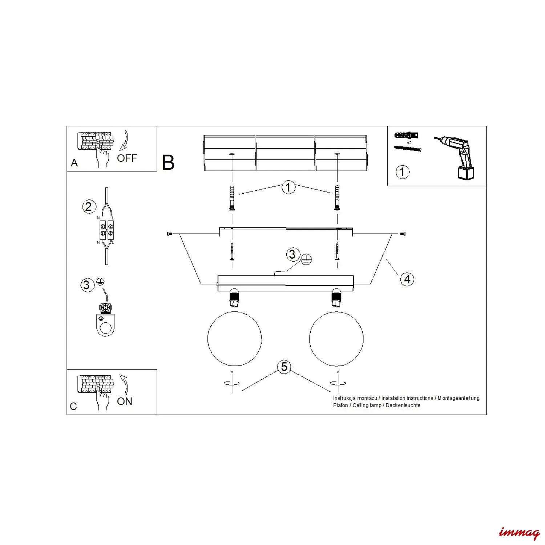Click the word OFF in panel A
tap(127, 158)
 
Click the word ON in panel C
tap(125, 401)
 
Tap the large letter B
tap(168, 162)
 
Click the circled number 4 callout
tap(407, 279)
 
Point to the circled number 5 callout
tap(284, 367)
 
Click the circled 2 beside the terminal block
tap(89, 207)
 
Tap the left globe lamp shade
tap(235, 339)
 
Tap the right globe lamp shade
tap(336, 339)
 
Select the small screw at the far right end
tap(403, 234)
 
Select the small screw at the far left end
tap(169, 234)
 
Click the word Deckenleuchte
tap(403, 405)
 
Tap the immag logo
tap(519, 533)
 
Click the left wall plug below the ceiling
tap(232, 198)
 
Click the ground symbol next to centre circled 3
tap(306, 259)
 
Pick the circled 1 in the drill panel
tap(402, 172)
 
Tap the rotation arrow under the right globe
tap(338, 383)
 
